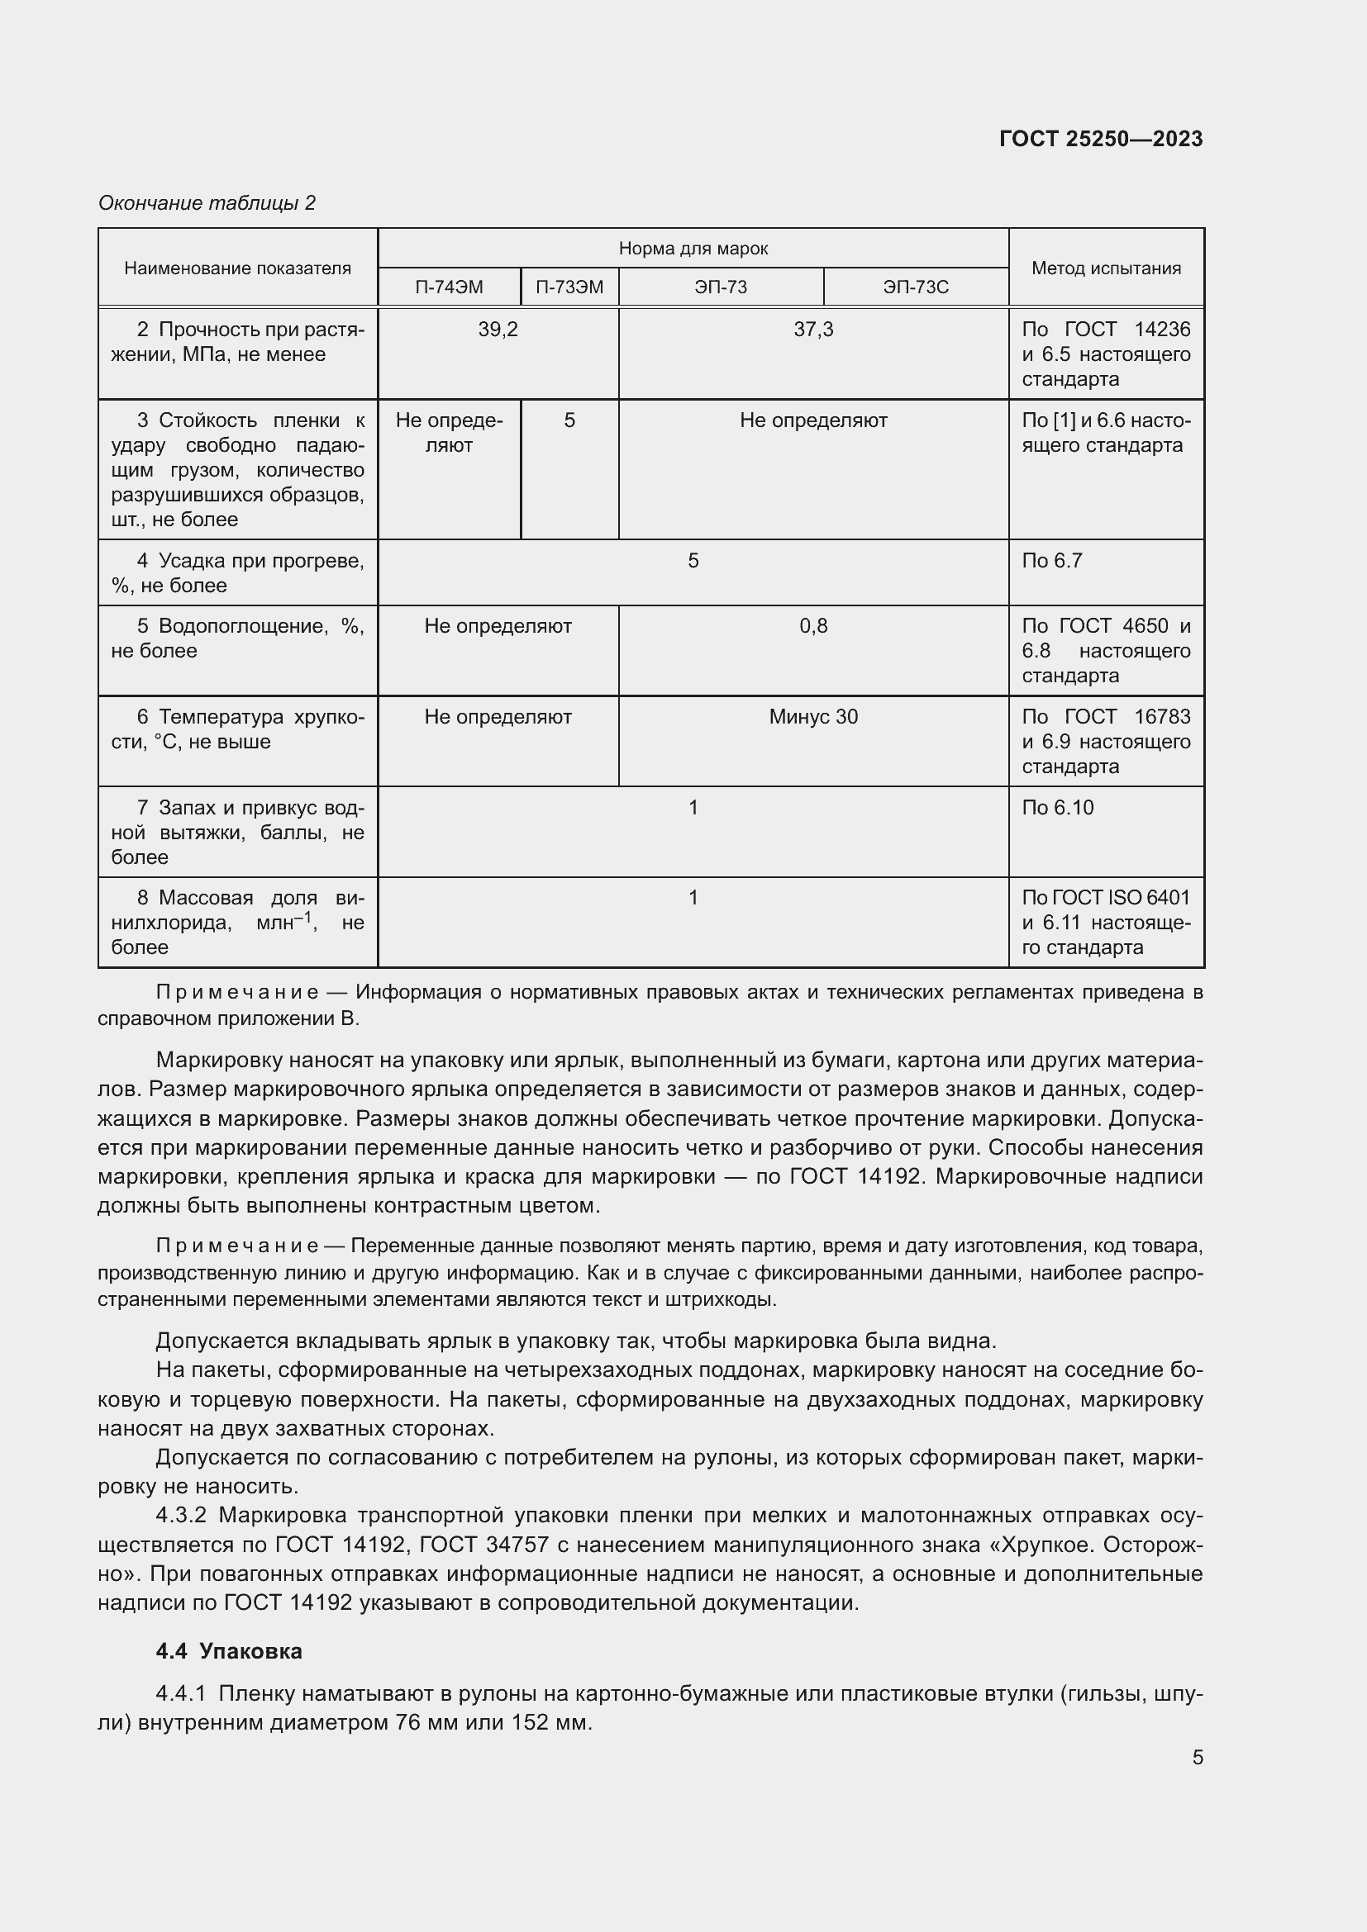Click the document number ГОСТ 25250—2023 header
click(x=1100, y=139)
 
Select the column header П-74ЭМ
click(x=449, y=287)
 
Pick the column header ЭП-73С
click(x=915, y=287)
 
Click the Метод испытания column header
click(x=1105, y=268)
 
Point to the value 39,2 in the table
click(x=498, y=329)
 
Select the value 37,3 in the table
click(x=812, y=329)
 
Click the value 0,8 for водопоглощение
click(x=812, y=625)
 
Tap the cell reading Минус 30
click(x=812, y=716)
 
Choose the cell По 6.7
click(x=1051, y=560)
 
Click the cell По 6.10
click(x=1057, y=807)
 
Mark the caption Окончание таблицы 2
click(x=207, y=203)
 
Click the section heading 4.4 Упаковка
click(x=229, y=1650)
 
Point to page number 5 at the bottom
click(x=1197, y=1757)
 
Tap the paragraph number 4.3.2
click(x=181, y=1516)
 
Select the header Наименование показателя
click(x=237, y=268)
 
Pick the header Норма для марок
click(x=693, y=249)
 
